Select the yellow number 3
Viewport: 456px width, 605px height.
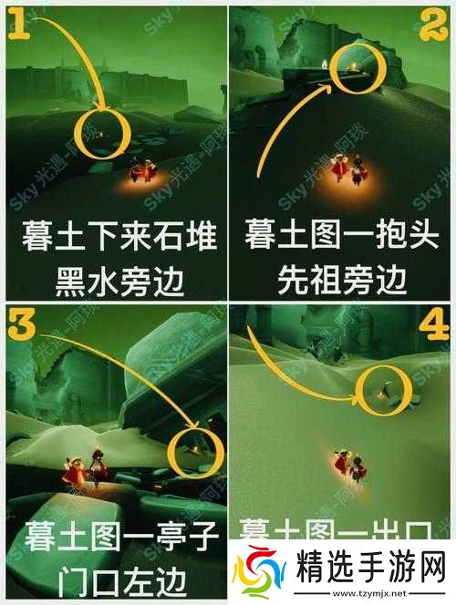tap(19, 322)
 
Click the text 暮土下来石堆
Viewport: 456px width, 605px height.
tap(119, 239)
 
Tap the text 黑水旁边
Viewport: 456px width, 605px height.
tap(119, 281)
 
